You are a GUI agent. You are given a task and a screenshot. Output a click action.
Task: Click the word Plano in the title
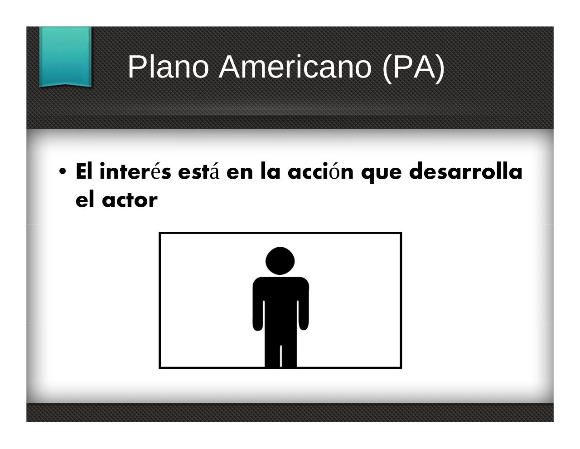(x=168, y=67)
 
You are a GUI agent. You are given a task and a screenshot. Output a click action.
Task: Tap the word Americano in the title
(x=295, y=67)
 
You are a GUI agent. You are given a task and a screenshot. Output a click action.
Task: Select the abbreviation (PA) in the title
(x=414, y=68)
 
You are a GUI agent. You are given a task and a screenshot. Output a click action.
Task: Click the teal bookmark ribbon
(x=65, y=57)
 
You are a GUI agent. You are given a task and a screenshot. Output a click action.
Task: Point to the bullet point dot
(x=63, y=171)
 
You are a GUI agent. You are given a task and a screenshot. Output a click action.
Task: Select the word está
(x=199, y=171)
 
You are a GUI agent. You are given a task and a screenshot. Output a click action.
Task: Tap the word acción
(x=321, y=171)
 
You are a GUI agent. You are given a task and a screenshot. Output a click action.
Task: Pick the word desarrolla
(x=466, y=171)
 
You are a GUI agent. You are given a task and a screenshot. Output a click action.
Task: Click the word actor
(x=130, y=200)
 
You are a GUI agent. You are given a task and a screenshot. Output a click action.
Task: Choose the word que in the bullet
(x=382, y=174)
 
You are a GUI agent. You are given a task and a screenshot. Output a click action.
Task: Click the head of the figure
(x=280, y=261)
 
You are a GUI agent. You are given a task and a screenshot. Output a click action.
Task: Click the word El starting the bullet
(x=84, y=171)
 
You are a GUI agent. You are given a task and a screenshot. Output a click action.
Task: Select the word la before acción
(x=271, y=171)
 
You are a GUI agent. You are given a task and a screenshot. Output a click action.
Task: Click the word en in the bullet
(x=239, y=173)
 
